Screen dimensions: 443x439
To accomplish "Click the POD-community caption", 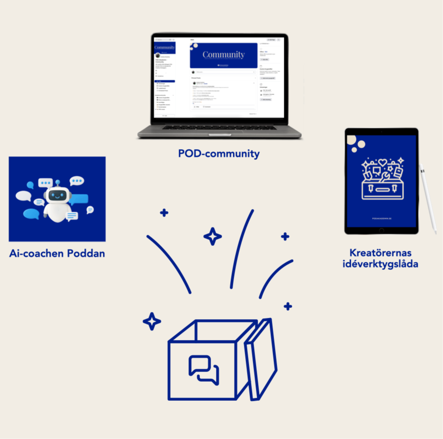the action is pyautogui.click(x=219, y=154).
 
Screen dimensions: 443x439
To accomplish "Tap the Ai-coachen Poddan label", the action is pyautogui.click(x=57, y=254).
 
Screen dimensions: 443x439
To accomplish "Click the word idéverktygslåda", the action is pyautogui.click(x=381, y=264).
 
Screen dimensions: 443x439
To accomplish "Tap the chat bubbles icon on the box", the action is pyautogui.click(x=204, y=369).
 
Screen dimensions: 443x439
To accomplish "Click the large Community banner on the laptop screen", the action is pyautogui.click(x=223, y=55).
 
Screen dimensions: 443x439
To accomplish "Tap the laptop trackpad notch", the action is pyautogui.click(x=220, y=134).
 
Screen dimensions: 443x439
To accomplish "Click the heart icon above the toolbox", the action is pyautogui.click(x=382, y=162).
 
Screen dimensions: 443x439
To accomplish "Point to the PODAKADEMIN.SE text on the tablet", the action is pyautogui.click(x=381, y=218).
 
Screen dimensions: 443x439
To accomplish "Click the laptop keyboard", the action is pyautogui.click(x=220, y=127).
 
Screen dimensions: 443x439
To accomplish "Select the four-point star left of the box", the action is pyautogui.click(x=152, y=321).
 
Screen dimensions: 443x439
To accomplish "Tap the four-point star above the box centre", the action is pyautogui.click(x=212, y=236).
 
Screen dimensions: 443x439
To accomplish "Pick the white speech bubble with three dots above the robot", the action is pyautogui.click(x=45, y=182).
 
